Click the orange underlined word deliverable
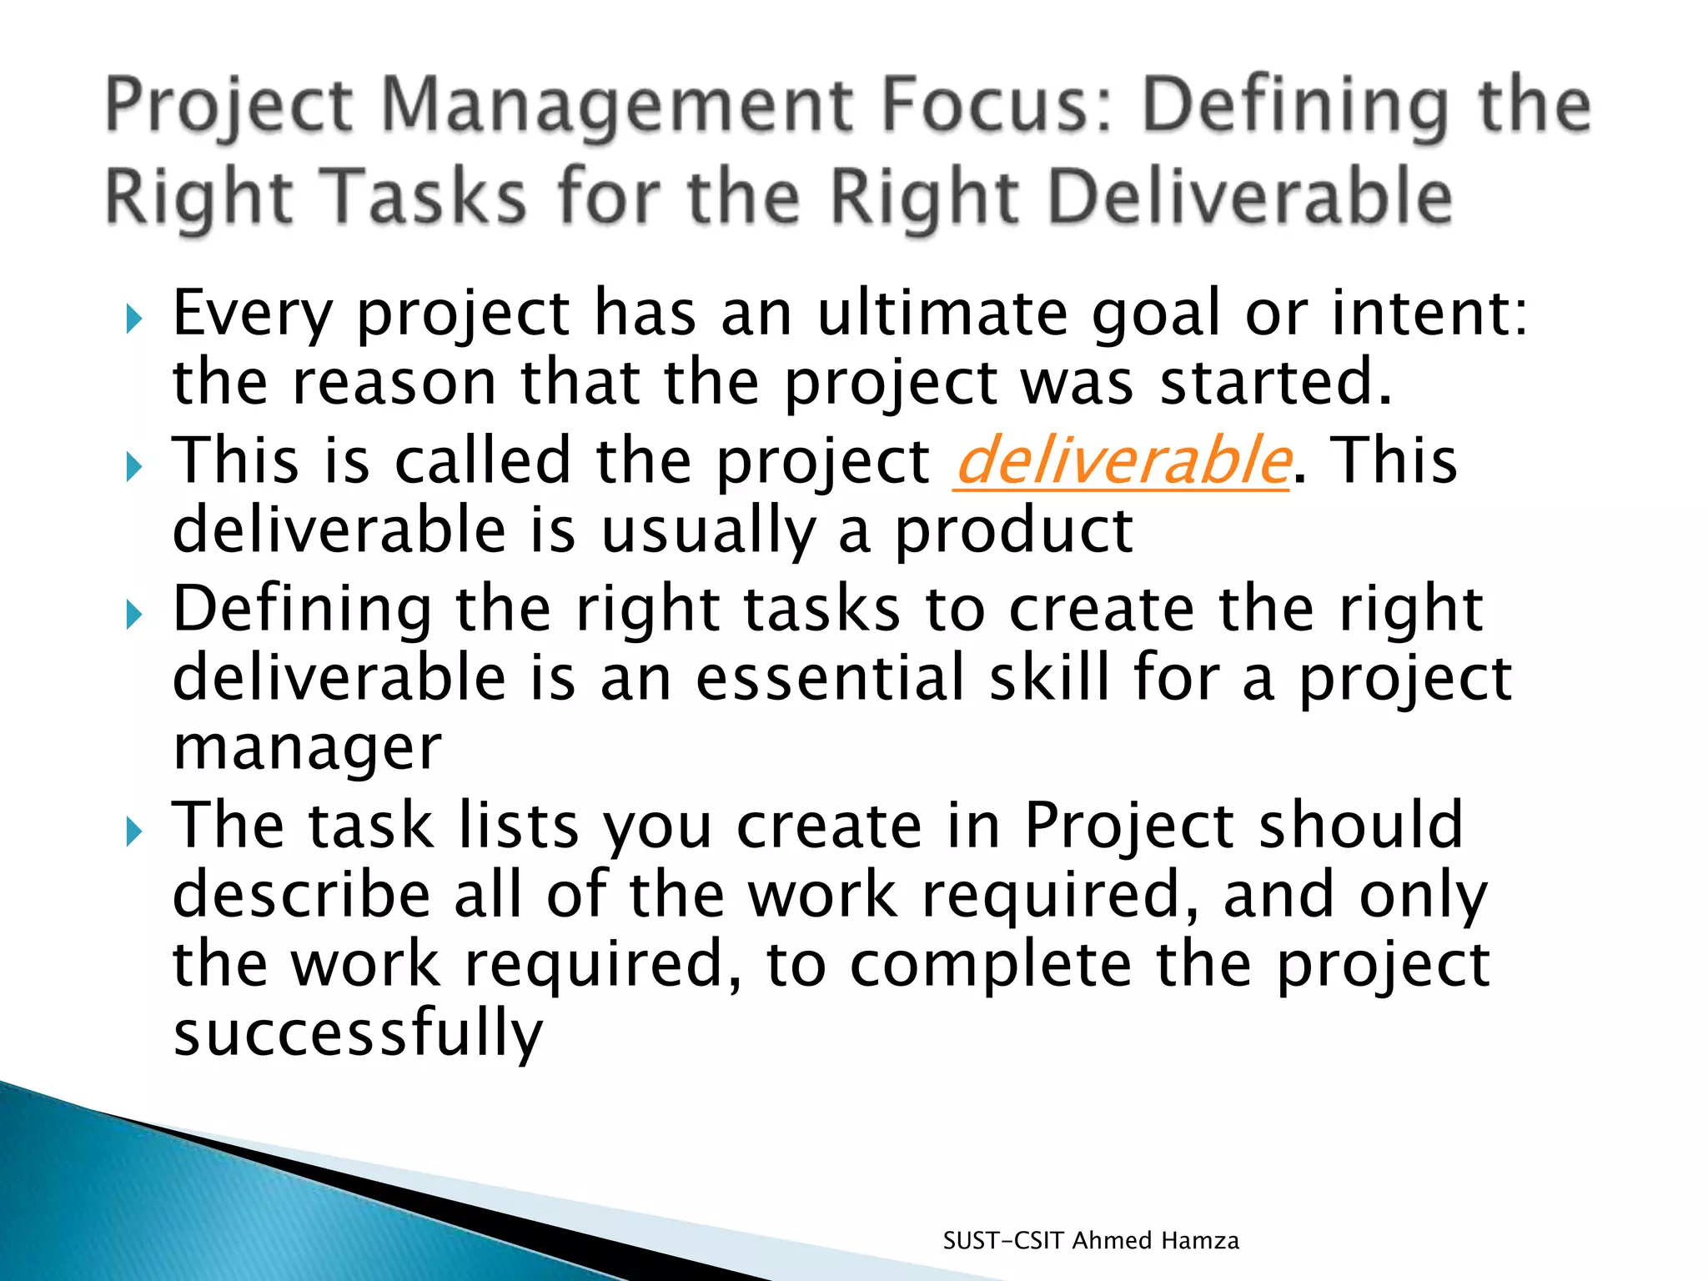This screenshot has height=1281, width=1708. click(1122, 461)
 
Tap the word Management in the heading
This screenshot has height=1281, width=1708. click(618, 108)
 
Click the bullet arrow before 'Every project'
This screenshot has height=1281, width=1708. click(133, 318)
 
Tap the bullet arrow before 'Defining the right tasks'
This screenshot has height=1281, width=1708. click(133, 615)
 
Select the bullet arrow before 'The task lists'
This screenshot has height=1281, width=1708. click(133, 831)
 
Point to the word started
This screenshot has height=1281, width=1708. click(1276, 382)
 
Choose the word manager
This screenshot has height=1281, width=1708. click(307, 748)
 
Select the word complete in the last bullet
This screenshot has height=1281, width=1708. click(991, 965)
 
